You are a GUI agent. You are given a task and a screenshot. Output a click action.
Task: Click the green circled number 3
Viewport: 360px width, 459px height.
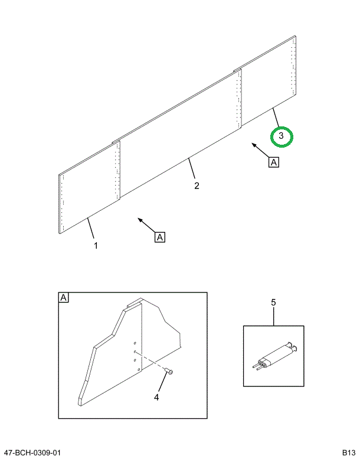282,136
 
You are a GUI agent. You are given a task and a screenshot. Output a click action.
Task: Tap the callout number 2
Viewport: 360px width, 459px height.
197,186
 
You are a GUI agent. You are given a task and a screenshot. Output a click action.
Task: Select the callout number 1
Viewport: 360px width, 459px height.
96,245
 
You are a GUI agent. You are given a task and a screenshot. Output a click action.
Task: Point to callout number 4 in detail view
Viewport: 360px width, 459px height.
156,398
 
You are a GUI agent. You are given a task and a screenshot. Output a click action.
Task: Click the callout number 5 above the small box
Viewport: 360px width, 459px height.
273,303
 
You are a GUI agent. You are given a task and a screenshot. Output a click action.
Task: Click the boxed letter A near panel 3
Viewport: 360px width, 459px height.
273,161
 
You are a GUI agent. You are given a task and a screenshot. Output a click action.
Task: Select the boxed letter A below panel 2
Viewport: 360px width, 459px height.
160,237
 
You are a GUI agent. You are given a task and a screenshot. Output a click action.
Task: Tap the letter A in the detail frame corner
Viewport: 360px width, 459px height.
64,298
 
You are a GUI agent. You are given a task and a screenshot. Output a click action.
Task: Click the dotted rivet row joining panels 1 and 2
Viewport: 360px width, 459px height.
117,171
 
